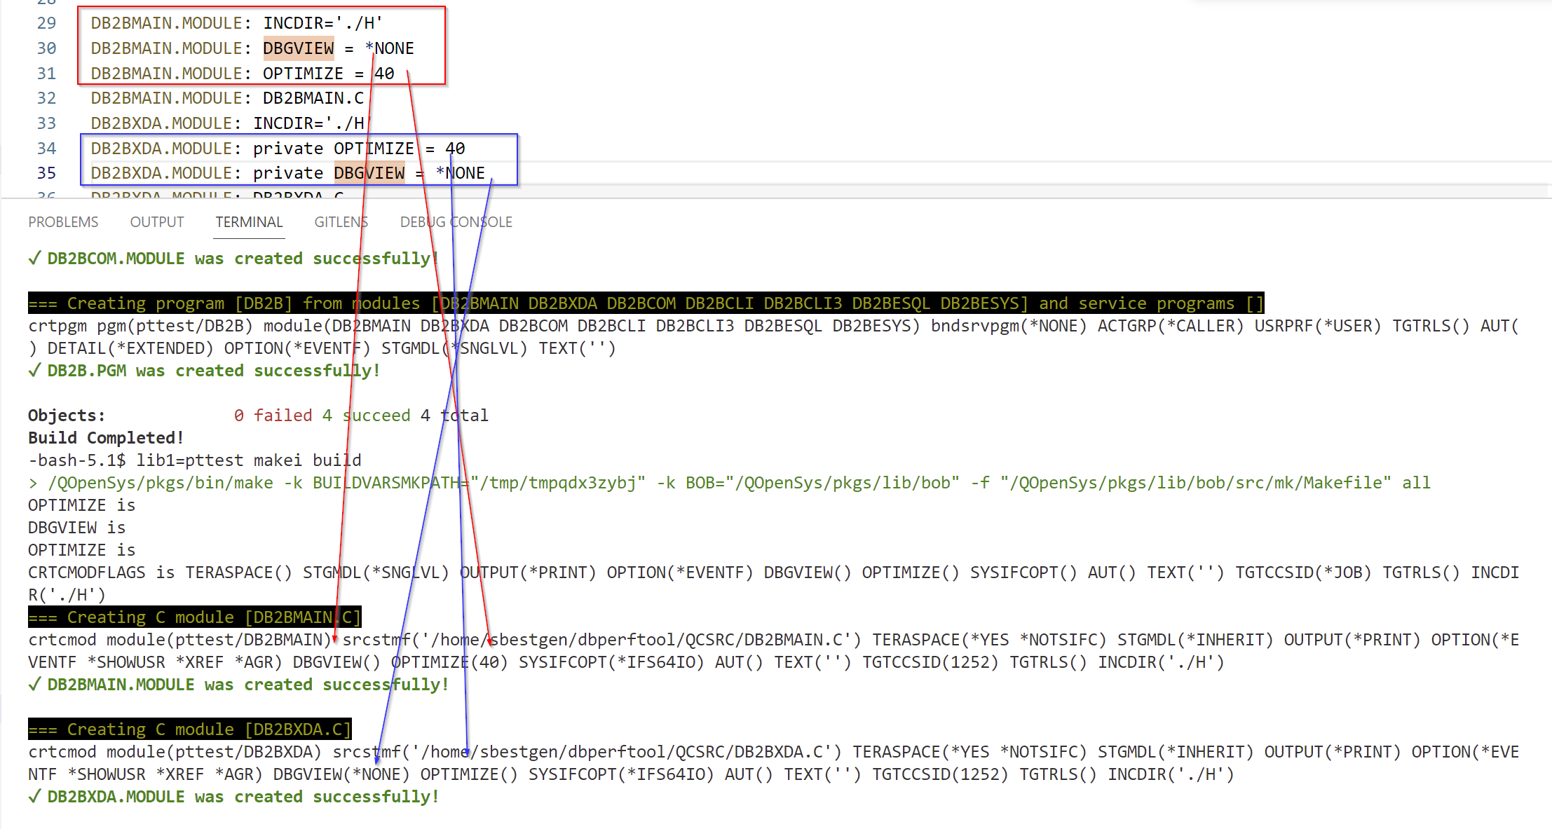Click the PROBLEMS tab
point(63,222)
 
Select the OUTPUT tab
point(157,222)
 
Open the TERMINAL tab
point(249,222)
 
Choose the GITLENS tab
point(341,222)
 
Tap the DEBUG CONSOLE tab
point(456,222)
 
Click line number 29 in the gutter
point(46,23)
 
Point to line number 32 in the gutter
point(46,98)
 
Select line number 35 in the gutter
point(46,173)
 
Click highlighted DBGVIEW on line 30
point(299,48)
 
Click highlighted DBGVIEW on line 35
point(369,173)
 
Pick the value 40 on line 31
point(384,74)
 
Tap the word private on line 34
point(288,149)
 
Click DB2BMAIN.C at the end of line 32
point(313,98)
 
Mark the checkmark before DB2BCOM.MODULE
point(34,259)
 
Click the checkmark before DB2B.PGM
point(34,371)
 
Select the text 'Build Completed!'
point(105,438)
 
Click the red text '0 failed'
point(273,416)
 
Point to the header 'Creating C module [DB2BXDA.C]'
point(189,729)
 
